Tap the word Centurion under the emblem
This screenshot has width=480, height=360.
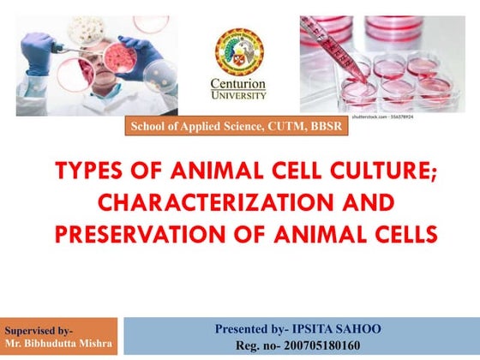click(238, 83)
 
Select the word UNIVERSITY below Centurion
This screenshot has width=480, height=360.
click(238, 94)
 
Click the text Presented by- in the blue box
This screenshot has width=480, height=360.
click(253, 328)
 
